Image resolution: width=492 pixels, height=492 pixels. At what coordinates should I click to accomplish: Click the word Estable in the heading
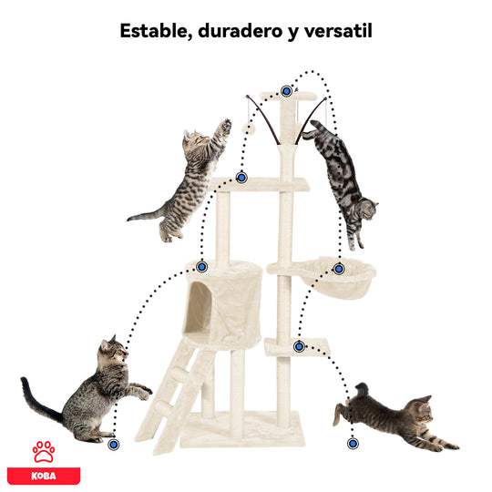tap(155, 31)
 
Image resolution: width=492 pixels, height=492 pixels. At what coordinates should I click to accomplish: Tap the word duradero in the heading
tap(241, 31)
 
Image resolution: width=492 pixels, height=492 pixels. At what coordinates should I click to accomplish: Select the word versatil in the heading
tap(338, 30)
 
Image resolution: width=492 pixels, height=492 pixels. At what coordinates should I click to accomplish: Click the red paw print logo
tap(44, 452)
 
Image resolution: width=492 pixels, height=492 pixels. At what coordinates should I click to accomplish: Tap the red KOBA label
tap(44, 476)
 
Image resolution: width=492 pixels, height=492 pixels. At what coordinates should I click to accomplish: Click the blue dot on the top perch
tap(286, 91)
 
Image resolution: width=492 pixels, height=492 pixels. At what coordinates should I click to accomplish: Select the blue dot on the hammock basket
tap(339, 269)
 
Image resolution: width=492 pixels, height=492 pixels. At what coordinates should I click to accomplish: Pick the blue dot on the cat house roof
tap(201, 267)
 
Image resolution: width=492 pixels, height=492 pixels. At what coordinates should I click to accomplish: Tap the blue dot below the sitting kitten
tap(114, 445)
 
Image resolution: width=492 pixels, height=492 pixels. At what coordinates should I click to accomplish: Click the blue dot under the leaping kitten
tap(353, 444)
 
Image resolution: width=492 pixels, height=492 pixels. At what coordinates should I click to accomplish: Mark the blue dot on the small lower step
tap(300, 346)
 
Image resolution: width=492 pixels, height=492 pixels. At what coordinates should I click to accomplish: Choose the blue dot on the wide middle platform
tap(241, 178)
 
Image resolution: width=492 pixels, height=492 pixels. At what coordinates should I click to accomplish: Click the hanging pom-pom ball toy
tap(249, 128)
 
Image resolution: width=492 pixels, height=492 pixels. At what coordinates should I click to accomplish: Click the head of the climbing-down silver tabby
tap(368, 210)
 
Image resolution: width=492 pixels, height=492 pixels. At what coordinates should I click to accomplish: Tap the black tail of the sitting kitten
tap(37, 401)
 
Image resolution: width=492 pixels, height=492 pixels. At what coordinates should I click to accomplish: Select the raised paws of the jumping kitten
tap(225, 126)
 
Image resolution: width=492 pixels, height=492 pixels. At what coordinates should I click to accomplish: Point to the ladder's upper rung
tap(182, 373)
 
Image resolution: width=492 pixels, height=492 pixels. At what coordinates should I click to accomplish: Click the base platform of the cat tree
tap(241, 429)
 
